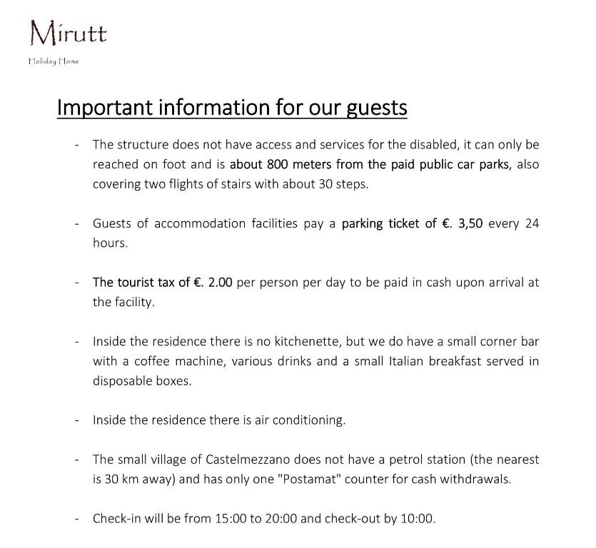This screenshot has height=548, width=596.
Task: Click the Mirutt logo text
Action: coord(68,33)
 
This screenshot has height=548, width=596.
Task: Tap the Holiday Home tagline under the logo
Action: coord(54,61)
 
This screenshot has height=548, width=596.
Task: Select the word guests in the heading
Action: coord(376,107)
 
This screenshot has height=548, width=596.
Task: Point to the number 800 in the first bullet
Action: coord(278,164)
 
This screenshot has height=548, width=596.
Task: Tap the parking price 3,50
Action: coord(470,223)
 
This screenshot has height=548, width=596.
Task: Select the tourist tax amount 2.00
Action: coord(220,283)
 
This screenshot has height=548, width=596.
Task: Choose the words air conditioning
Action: coord(300,420)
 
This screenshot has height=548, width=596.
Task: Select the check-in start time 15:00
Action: coord(231,519)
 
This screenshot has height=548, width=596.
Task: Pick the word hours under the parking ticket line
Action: coord(110,243)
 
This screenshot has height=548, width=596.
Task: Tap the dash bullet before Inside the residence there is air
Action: coord(76,420)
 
